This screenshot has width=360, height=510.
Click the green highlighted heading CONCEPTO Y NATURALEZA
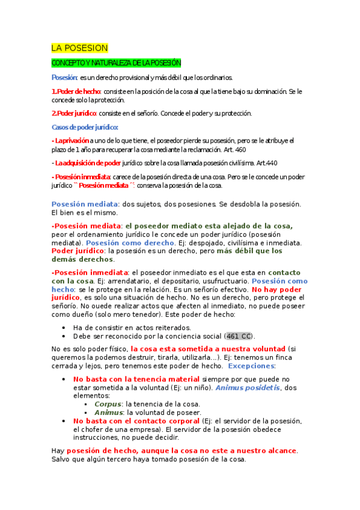tap(116, 63)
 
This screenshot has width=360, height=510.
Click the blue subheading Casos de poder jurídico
tap(85, 127)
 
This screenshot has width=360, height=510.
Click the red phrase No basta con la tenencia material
tap(136, 379)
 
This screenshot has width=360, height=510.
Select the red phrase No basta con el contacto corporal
tap(136, 421)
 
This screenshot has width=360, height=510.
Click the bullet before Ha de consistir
tap(64, 328)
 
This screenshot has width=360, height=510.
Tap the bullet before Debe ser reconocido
tap(64, 336)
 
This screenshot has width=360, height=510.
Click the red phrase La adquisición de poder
tap(87, 163)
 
